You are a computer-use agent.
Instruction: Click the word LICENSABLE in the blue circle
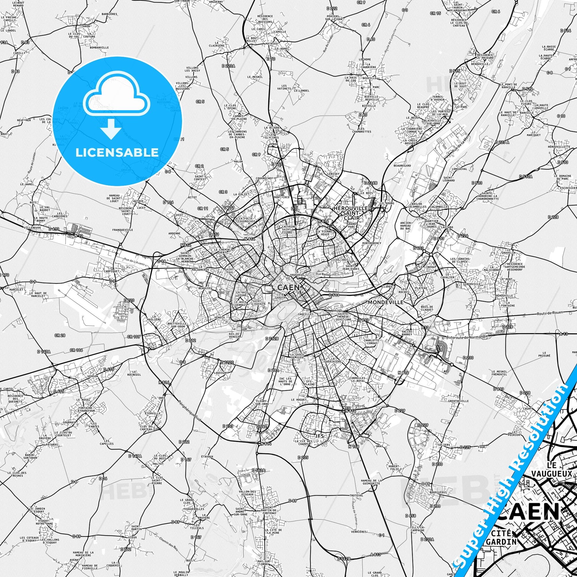tap(117, 152)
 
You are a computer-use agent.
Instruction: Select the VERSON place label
tap(93, 376)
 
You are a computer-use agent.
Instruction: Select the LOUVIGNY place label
tap(221, 373)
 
